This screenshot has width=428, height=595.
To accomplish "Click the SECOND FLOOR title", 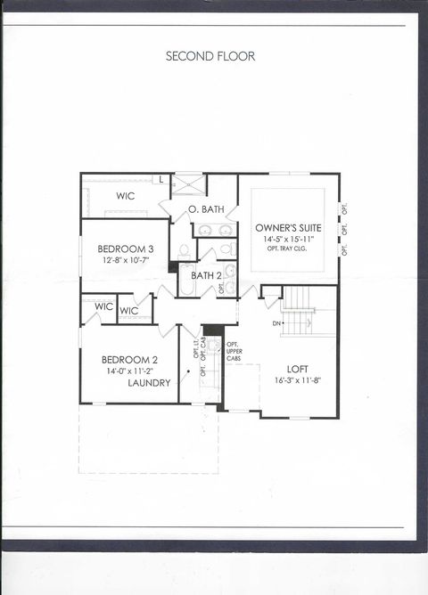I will coord(210,56).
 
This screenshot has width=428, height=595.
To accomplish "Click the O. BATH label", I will coord(206,209).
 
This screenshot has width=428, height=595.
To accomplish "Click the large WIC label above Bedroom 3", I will coord(126,196).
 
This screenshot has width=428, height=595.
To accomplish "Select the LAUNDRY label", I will coord(150,383).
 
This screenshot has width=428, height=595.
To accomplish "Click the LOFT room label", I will coord(298,368).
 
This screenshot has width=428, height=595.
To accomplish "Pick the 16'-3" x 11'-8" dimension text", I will coord(298,380).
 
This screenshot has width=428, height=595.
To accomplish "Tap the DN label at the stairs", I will coord(277,322).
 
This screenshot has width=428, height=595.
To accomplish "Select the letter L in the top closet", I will coord(160,180).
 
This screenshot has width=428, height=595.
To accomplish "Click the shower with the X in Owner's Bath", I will coord(189,183).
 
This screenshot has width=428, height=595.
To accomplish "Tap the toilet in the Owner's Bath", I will coord(185,251).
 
